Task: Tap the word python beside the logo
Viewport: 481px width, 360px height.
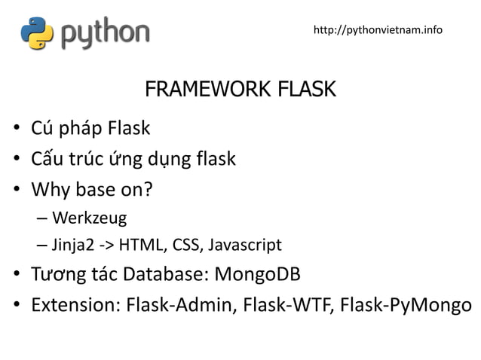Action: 105,33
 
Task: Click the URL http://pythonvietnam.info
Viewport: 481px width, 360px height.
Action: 378,30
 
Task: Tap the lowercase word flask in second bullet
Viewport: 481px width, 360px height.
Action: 216,160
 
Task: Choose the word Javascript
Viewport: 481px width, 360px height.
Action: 244,246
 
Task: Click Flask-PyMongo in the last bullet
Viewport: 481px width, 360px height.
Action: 406,304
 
